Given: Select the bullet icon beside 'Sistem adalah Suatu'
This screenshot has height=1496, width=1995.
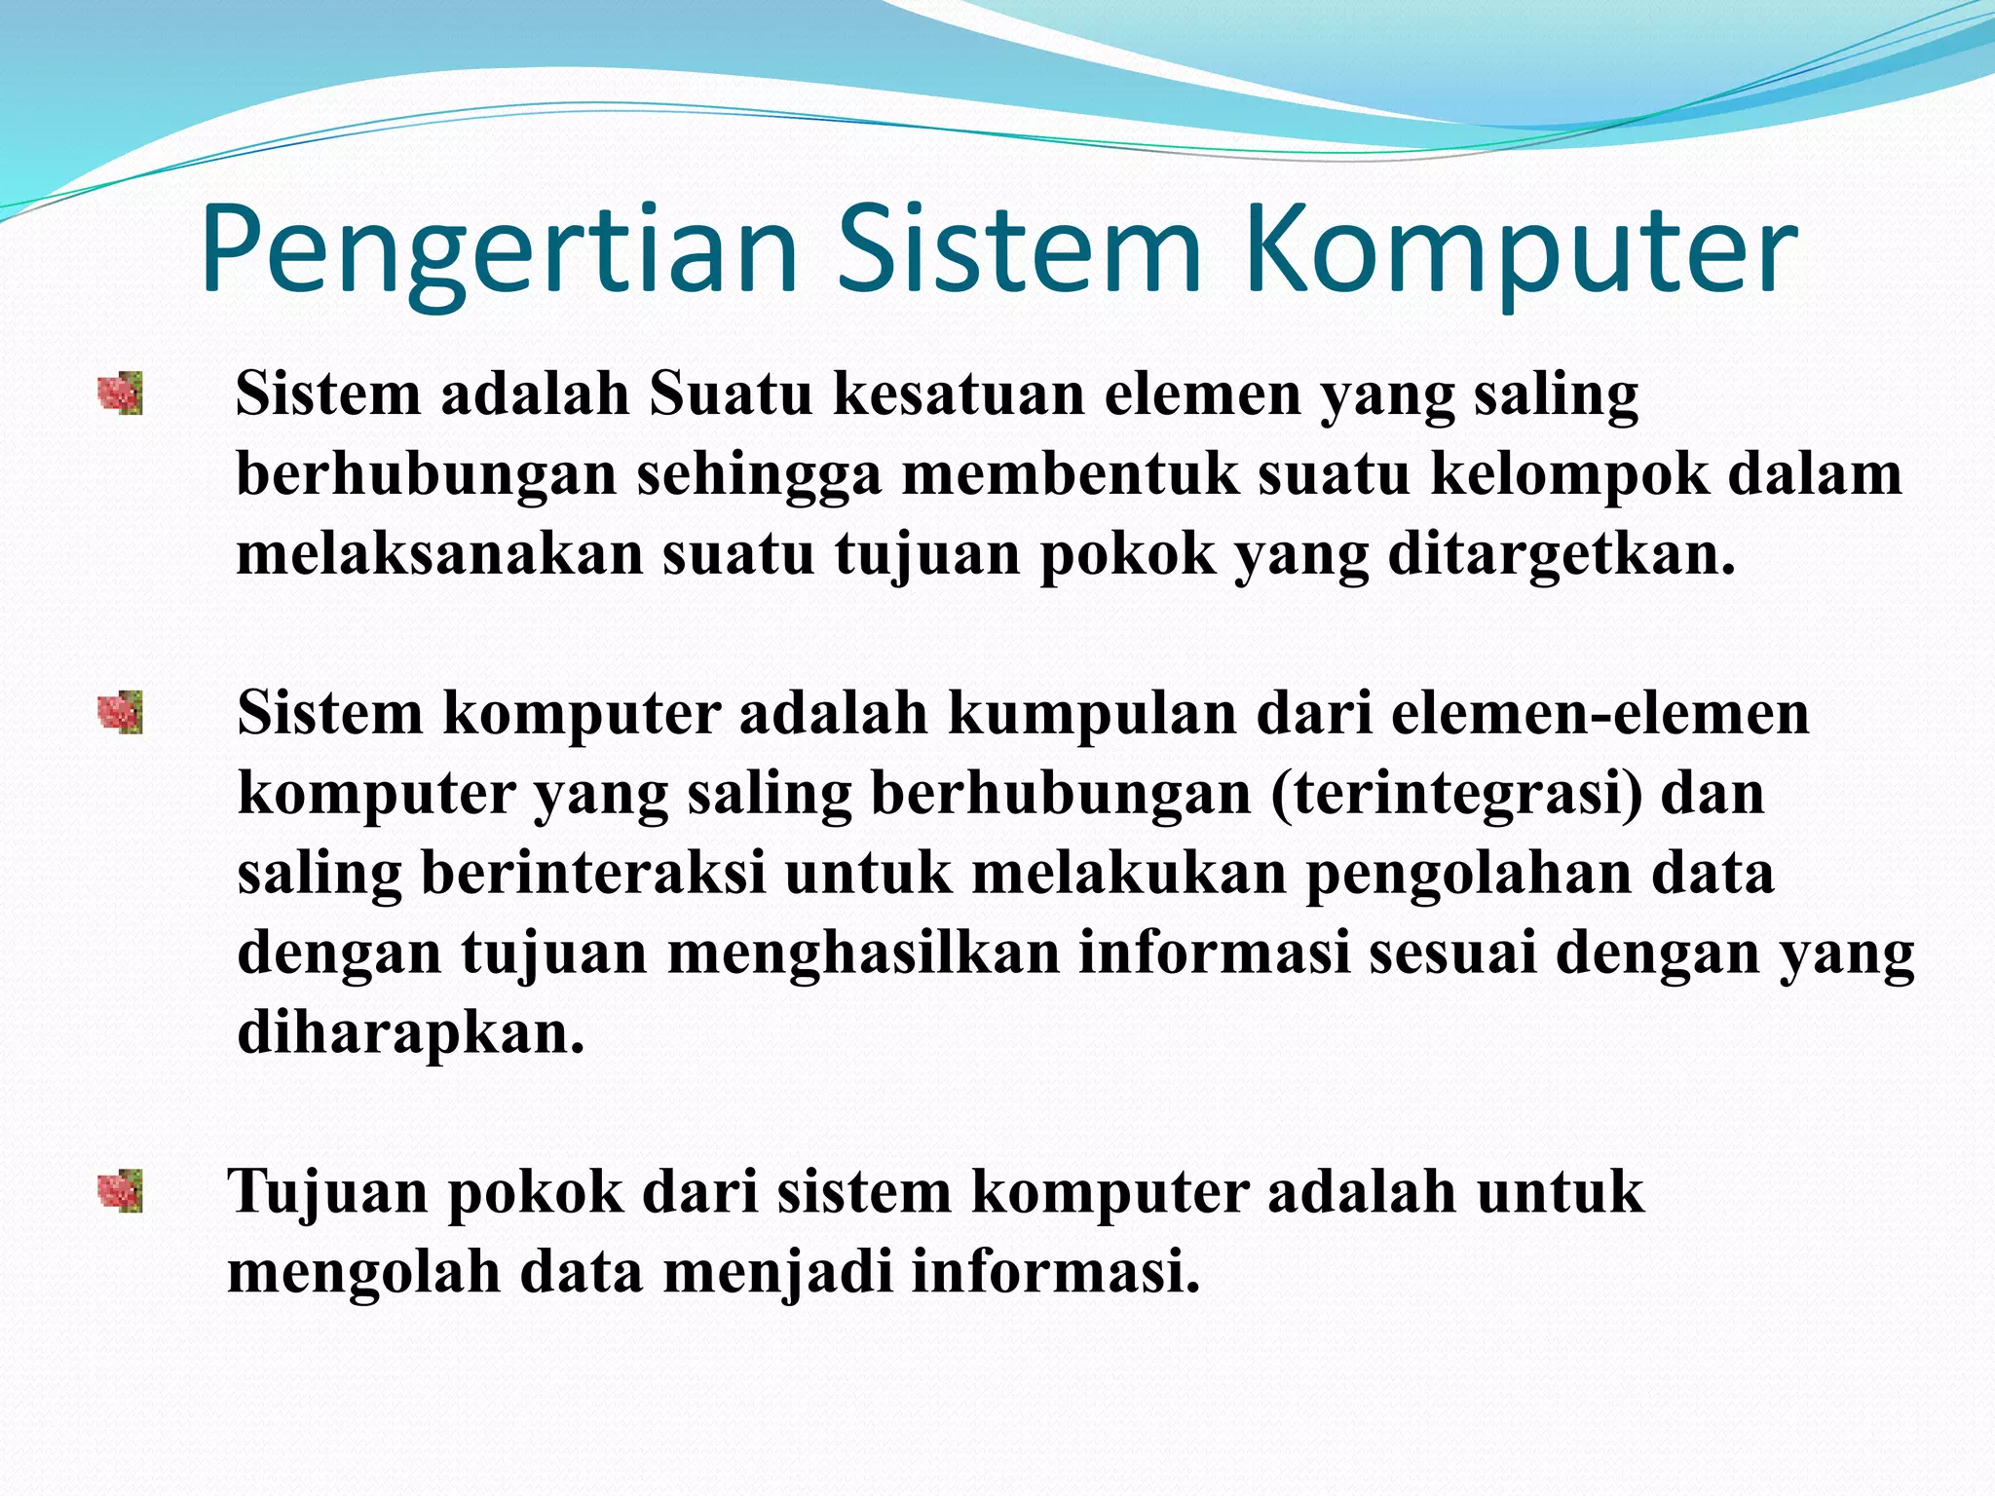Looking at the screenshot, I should tap(121, 393).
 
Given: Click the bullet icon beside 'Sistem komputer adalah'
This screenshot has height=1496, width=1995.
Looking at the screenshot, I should tap(121, 712).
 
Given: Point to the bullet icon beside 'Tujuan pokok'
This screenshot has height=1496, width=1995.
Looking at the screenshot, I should tap(121, 1191).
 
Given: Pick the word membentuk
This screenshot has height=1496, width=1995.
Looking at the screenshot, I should tap(1069, 475).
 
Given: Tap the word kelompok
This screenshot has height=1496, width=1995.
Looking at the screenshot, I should tap(1569, 475).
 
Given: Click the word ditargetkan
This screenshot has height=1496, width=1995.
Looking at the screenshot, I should tap(1561, 555).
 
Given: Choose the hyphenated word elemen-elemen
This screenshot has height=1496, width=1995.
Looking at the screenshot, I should tap(1600, 714).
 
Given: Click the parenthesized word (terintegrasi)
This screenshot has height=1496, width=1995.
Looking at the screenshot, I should tap(1455, 794).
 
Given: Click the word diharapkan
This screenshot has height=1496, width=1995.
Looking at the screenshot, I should tap(410, 1033).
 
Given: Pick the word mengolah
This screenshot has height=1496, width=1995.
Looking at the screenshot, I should tap(363, 1273).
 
